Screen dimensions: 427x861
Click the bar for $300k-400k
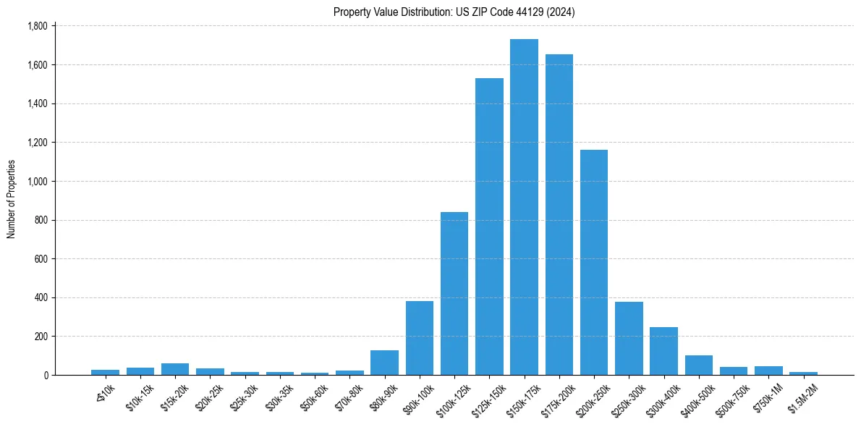coord(663,351)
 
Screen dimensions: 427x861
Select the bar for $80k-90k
coord(384,363)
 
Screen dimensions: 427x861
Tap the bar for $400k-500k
coord(699,365)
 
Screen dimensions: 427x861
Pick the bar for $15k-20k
coord(175,369)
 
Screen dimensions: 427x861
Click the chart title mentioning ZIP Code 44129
coord(454,12)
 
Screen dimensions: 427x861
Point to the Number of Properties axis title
coord(11,199)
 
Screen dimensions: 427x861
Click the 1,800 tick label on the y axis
coord(37,26)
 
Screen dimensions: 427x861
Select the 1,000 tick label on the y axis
coord(37,181)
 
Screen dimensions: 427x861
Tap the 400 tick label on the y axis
coord(41,297)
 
